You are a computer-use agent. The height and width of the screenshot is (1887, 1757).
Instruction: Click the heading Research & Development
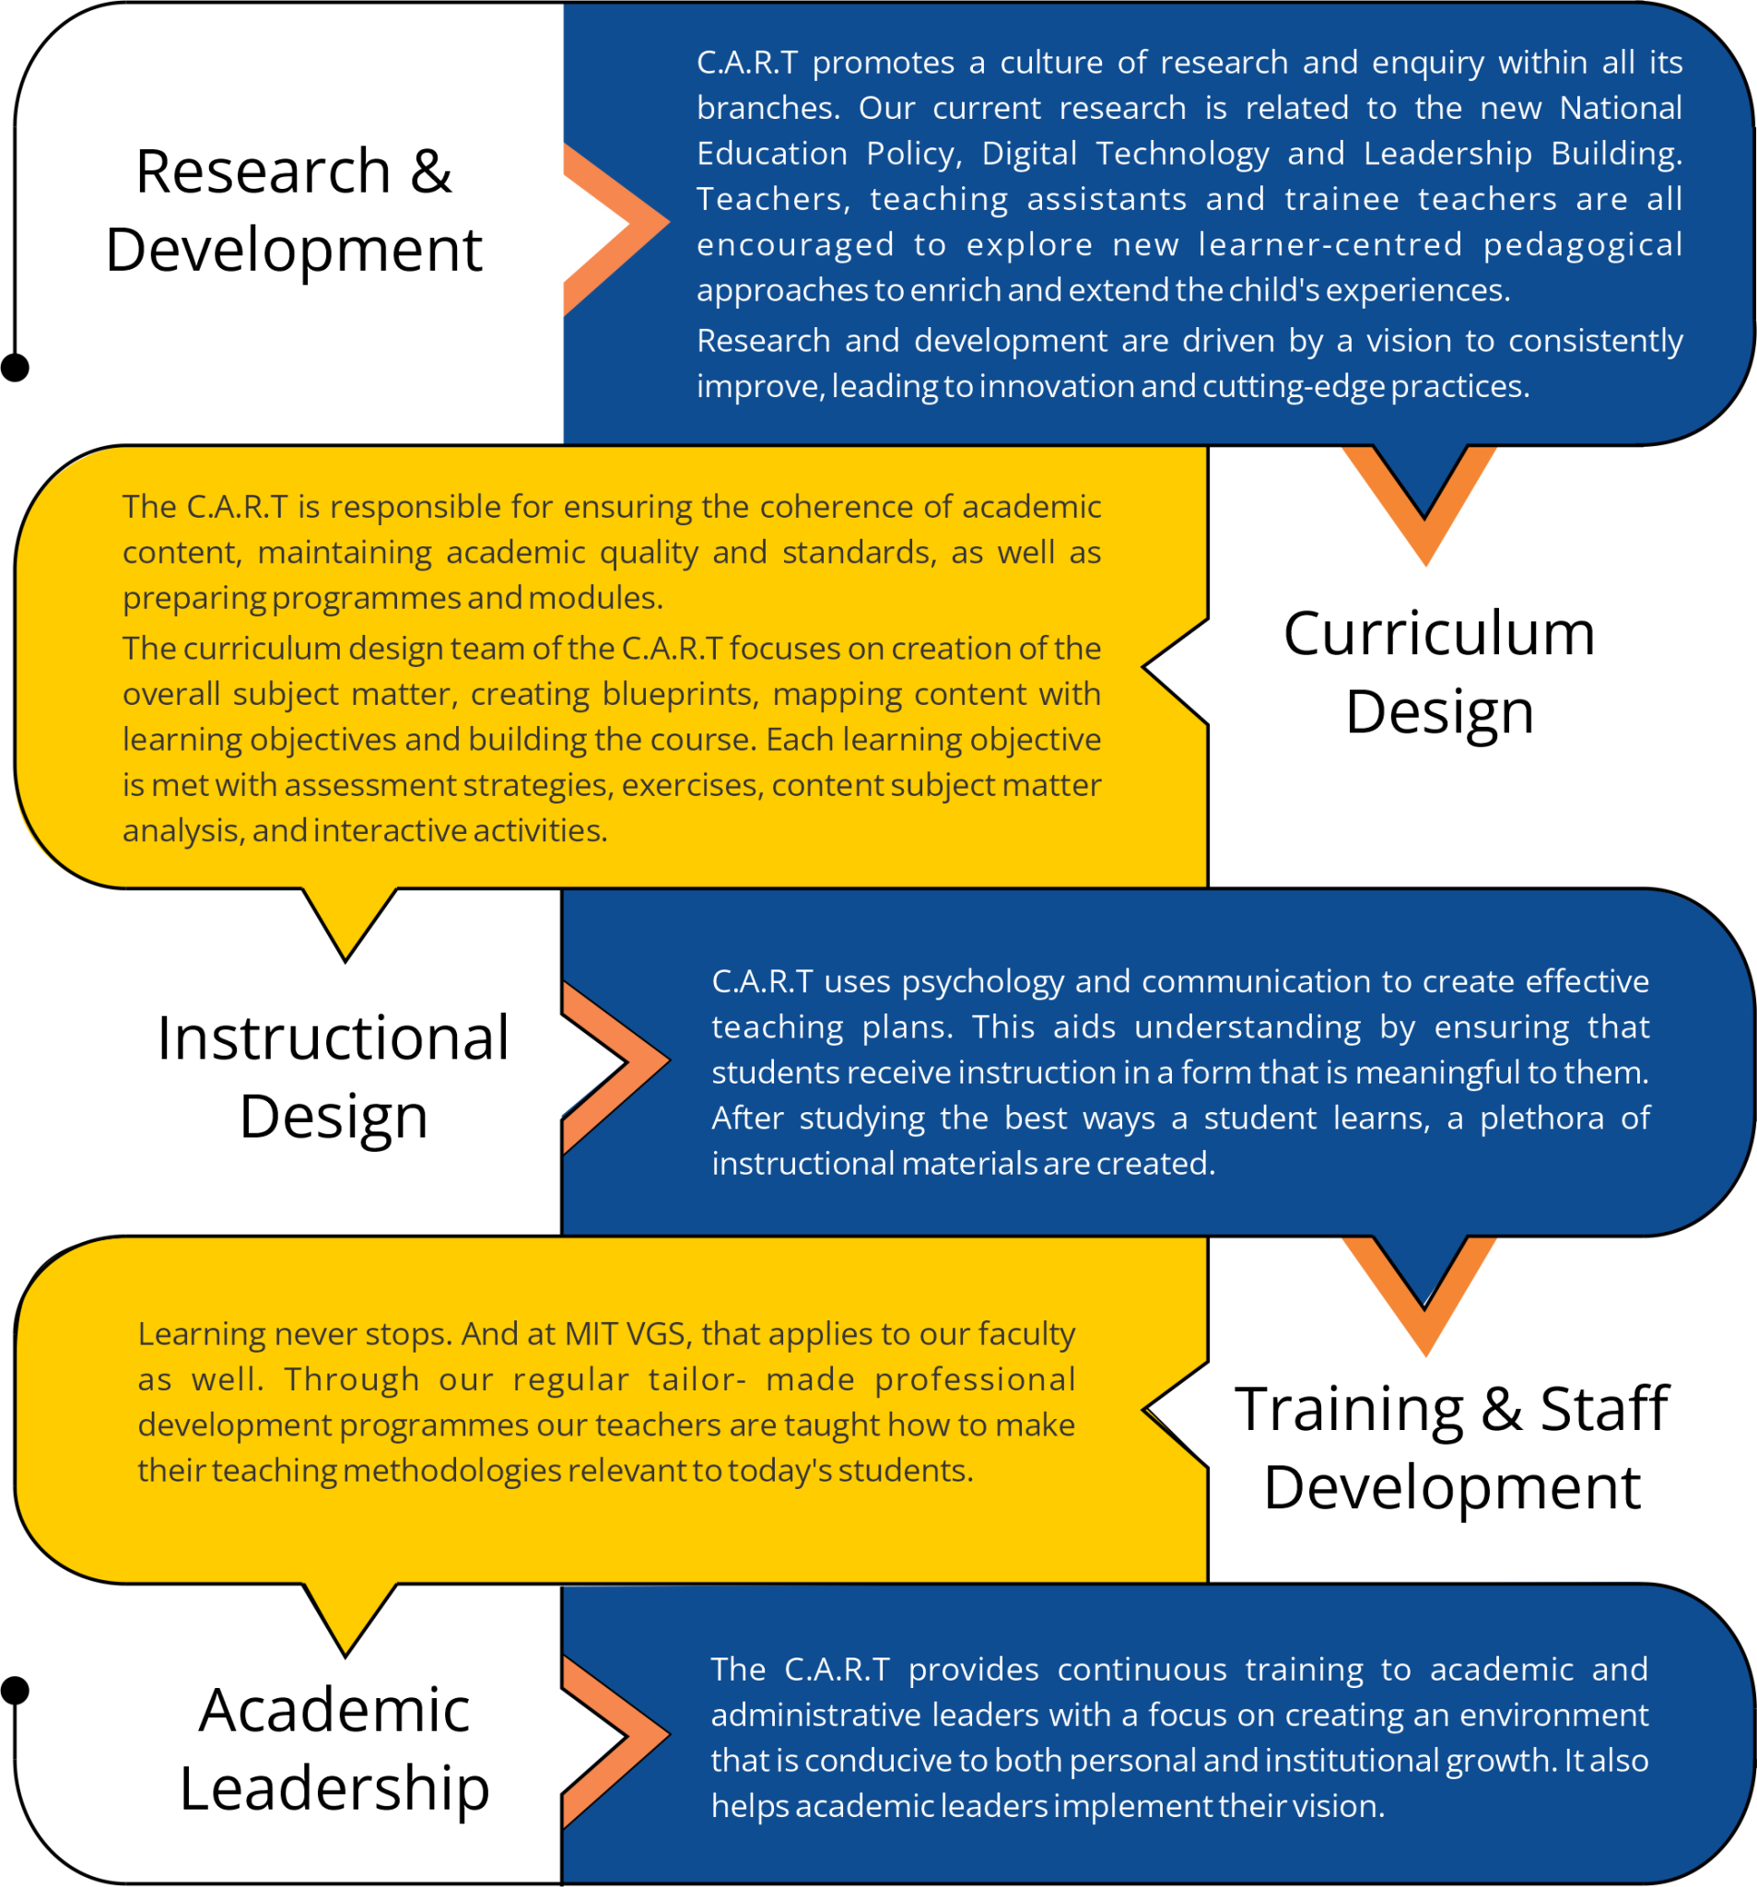point(293,210)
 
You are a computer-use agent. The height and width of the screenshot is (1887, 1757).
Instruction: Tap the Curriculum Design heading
point(1439,672)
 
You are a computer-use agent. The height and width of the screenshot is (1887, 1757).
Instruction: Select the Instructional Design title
point(334,1076)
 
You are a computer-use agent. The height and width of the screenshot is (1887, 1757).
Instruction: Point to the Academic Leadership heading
point(334,1748)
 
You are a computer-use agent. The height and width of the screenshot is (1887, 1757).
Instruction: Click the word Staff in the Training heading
point(1603,1409)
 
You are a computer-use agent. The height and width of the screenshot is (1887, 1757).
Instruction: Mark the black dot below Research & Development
point(15,368)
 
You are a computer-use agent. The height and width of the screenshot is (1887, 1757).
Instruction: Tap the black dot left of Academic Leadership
point(15,1691)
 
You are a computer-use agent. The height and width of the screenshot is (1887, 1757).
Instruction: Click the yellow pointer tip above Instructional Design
point(346,961)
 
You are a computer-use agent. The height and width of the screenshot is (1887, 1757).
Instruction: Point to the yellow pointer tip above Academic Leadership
point(346,1656)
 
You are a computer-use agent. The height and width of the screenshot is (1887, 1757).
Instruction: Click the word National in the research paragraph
point(1621,107)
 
